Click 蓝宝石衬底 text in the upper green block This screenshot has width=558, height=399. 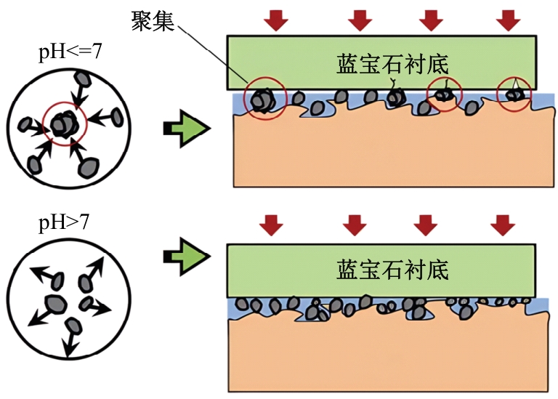click(x=392, y=64)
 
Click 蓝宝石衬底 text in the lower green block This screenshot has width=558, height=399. click(x=392, y=270)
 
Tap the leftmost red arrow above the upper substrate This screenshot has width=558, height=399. click(x=275, y=20)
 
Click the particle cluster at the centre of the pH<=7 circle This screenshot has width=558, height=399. click(x=64, y=124)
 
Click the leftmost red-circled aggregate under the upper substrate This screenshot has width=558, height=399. click(x=261, y=100)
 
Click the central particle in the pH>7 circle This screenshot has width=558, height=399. click(x=55, y=302)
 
